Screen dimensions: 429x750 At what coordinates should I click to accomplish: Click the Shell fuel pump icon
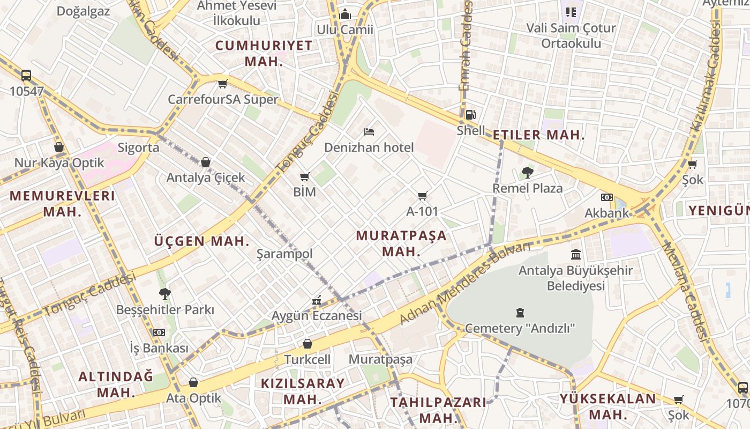pyautogui.click(x=470, y=114)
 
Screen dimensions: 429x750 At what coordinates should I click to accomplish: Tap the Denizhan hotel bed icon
pyautogui.click(x=369, y=131)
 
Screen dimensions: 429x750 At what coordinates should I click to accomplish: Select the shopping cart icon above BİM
pyautogui.click(x=305, y=176)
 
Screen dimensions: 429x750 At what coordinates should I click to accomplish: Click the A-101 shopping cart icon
pyautogui.click(x=423, y=196)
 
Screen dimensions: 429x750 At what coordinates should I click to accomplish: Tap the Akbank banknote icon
pyautogui.click(x=606, y=197)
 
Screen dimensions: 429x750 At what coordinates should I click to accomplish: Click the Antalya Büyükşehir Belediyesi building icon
pyautogui.click(x=576, y=254)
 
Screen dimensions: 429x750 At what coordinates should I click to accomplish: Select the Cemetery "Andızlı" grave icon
pyautogui.click(x=520, y=312)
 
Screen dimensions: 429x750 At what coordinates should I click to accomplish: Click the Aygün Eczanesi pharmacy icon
pyautogui.click(x=317, y=300)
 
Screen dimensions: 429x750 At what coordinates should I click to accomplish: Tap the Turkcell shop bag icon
pyautogui.click(x=307, y=344)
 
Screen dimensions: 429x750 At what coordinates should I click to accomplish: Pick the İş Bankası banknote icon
pyautogui.click(x=159, y=332)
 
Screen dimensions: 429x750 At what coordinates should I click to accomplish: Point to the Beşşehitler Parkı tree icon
pyautogui.click(x=165, y=293)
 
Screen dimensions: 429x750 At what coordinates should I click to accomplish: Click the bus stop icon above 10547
pyautogui.click(x=26, y=76)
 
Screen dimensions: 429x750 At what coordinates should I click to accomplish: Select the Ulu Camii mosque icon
pyautogui.click(x=345, y=13)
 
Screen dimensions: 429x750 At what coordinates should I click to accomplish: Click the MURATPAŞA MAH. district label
pyautogui.click(x=401, y=243)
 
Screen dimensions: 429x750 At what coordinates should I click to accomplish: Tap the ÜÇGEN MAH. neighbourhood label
pyautogui.click(x=202, y=241)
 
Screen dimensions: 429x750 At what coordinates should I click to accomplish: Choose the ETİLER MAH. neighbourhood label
pyautogui.click(x=539, y=135)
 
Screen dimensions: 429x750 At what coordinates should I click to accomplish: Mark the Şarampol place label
pyautogui.click(x=284, y=254)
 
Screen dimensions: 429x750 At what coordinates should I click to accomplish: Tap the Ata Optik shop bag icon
pyautogui.click(x=193, y=382)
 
